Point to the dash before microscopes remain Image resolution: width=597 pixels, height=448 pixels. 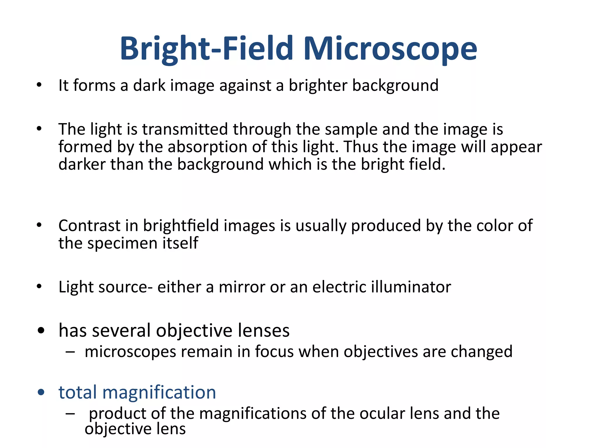tap(70, 352)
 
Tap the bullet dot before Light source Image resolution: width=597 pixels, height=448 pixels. tap(39, 287)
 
